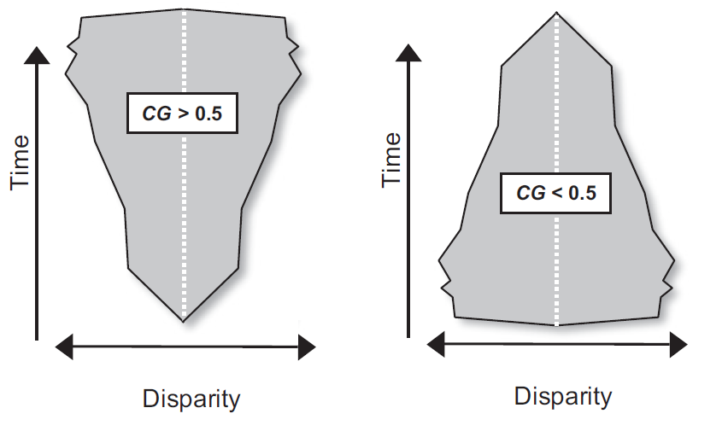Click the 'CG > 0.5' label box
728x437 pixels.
[181, 112]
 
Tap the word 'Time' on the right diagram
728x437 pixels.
[391, 160]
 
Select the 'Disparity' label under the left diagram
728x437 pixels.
[191, 399]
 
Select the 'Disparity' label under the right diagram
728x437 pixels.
[563, 396]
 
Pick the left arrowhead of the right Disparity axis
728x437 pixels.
[437, 345]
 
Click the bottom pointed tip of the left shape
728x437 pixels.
[183, 320]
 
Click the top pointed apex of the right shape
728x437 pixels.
[556, 14]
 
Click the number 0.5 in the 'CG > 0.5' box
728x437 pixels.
[207, 113]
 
